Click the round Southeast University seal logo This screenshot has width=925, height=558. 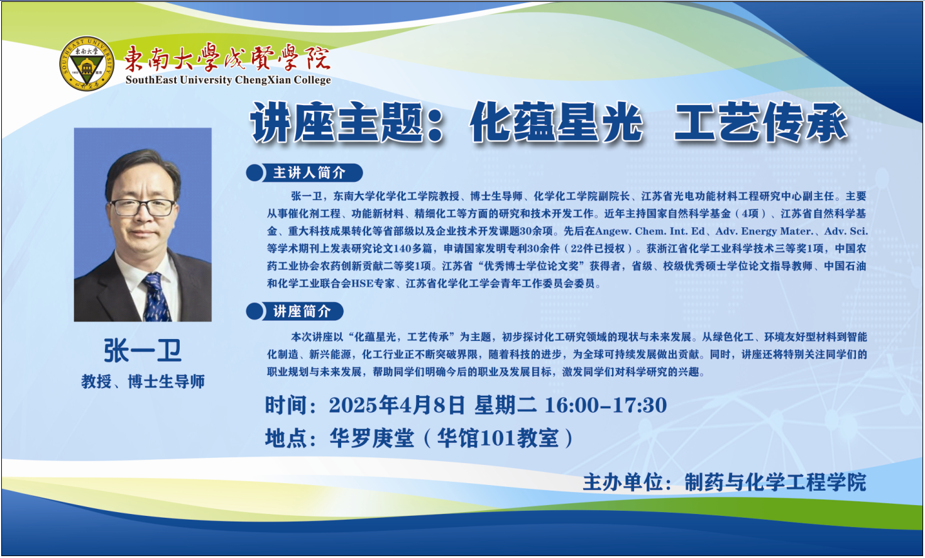pyautogui.click(x=87, y=64)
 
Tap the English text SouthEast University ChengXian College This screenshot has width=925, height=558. pyautogui.click(x=228, y=80)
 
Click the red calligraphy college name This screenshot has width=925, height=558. pyautogui.click(x=227, y=57)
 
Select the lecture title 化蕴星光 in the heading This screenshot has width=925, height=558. pyautogui.click(x=556, y=123)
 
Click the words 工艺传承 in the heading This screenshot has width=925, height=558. pyautogui.click(x=760, y=123)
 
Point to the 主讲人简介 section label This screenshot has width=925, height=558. pyautogui.click(x=309, y=173)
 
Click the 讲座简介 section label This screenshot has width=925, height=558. pyautogui.click(x=302, y=311)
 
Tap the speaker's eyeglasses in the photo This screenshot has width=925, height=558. pyautogui.click(x=143, y=207)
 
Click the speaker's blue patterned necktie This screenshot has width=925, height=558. pyautogui.click(x=156, y=297)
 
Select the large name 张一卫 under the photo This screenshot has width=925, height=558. pyautogui.click(x=143, y=351)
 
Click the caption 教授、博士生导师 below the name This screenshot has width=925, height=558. pyautogui.click(x=143, y=381)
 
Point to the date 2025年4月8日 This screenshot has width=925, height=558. pyautogui.click(x=397, y=405)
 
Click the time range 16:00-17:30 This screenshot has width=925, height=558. pyautogui.click(x=606, y=405)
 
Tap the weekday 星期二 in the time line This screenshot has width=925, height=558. pyautogui.click(x=505, y=405)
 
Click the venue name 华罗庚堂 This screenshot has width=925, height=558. pyautogui.click(x=371, y=438)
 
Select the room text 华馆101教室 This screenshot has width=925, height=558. pyautogui.click(x=498, y=438)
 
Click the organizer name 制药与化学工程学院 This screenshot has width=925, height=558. pyautogui.click(x=775, y=483)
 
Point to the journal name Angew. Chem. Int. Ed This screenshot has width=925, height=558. pyautogui.click(x=650, y=231)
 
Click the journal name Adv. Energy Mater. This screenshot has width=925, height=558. pyautogui.click(x=764, y=231)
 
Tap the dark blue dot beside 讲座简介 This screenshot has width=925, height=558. pyautogui.click(x=255, y=311)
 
